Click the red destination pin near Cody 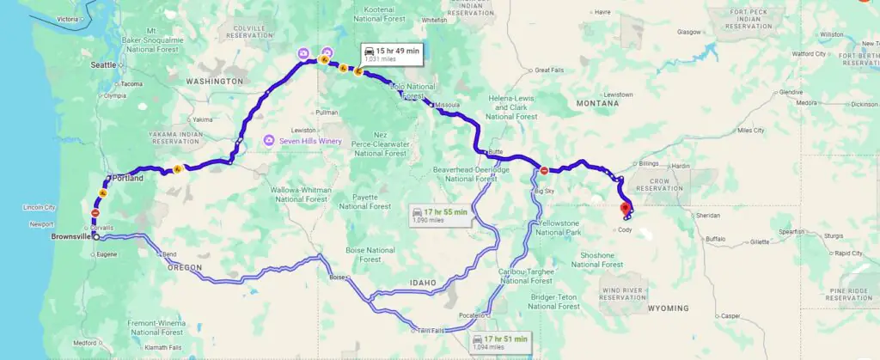[x=625, y=207]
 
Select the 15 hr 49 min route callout [x=391, y=54]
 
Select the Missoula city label [x=449, y=105]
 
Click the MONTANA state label [x=597, y=103]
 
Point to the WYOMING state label [x=668, y=308]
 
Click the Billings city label [x=649, y=162]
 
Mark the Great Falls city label [x=548, y=70]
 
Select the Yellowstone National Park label [x=559, y=228]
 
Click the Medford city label [x=84, y=342]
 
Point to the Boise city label [x=336, y=277]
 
